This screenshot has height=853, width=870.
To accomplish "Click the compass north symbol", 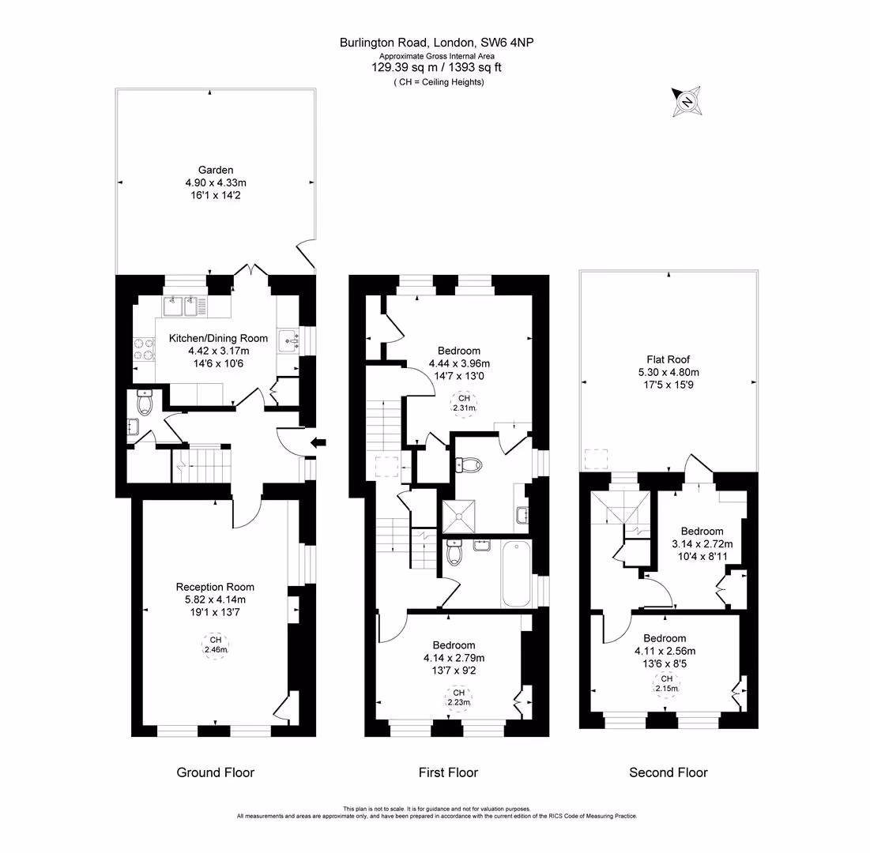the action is (687, 102).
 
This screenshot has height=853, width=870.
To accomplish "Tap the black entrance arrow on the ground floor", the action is (318, 442).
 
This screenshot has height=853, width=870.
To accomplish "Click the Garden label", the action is (216, 170).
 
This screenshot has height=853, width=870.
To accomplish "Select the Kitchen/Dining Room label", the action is (218, 338).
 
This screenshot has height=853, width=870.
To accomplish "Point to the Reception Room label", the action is (215, 587).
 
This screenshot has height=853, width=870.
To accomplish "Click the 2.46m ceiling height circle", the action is (216, 645).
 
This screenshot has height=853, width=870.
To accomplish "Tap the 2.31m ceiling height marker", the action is (464, 404).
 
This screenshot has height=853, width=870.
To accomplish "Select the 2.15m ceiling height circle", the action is (666, 684).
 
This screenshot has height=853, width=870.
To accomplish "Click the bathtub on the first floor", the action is (516, 574).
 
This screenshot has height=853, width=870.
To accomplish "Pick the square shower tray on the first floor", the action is (459, 517).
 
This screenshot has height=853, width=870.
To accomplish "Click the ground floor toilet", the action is (145, 401).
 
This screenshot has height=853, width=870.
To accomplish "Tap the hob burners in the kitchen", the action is (143, 349).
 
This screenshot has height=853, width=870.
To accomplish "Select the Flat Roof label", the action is (668, 359).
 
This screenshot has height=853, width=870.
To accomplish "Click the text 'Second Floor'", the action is (668, 772).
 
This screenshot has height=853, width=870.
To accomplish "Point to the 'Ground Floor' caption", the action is (215, 772).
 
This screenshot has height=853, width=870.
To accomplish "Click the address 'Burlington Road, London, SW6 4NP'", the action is (437, 43).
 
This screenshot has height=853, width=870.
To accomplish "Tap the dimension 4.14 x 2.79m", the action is (454, 658).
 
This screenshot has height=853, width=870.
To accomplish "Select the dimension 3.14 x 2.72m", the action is (702, 543).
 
